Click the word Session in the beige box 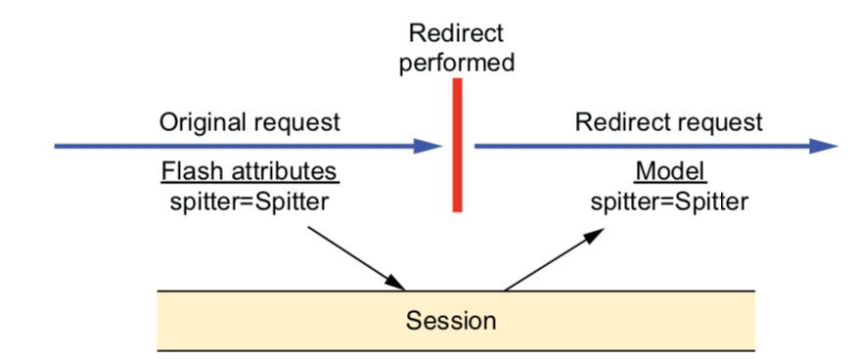[451, 320]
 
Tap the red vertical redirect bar [458, 145]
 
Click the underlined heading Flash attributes [249, 172]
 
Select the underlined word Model [670, 172]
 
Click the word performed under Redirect [457, 64]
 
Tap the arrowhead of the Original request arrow [428, 147]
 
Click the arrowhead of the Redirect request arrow [824, 146]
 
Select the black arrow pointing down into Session [356, 258]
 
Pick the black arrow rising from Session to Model [554, 259]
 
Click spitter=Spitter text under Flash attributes [249, 202]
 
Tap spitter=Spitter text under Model [669, 202]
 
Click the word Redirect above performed [456, 34]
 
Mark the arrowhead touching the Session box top [395, 283]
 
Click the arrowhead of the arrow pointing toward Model [593, 235]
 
